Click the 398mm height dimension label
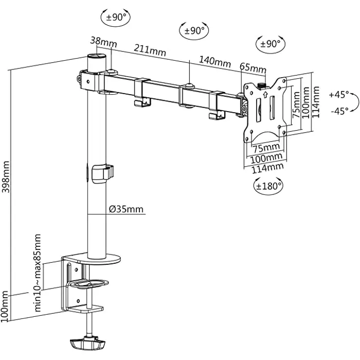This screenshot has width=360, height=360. click(x=6, y=177)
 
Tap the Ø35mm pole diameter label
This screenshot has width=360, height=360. click(x=126, y=209)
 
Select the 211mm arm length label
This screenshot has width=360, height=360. click(x=150, y=50)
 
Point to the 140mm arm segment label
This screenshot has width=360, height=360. click(x=214, y=62)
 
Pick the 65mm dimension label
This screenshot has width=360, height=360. click(x=253, y=68)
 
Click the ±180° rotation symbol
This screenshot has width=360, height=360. click(x=268, y=186)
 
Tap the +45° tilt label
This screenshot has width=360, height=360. click(x=338, y=94)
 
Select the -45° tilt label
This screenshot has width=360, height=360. click(x=339, y=111)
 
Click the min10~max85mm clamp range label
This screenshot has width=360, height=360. click(x=37, y=273)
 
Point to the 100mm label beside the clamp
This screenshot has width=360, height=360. click(x=5, y=306)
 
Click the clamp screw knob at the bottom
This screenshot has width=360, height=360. click(x=87, y=344)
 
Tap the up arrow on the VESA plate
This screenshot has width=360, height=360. click(x=265, y=94)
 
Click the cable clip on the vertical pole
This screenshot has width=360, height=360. click(x=103, y=174)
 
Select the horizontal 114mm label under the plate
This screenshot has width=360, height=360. click(x=267, y=168)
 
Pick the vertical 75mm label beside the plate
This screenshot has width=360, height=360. click(x=296, y=105)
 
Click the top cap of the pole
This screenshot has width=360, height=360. click(x=97, y=56)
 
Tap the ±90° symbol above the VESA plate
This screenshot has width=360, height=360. click(x=270, y=44)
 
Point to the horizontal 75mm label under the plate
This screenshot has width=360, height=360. click(x=266, y=148)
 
